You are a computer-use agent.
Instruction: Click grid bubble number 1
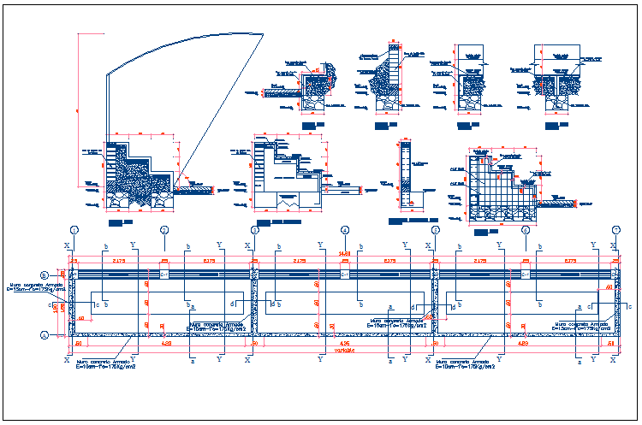click(x=74, y=230)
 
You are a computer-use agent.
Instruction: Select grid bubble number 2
click(x=163, y=230)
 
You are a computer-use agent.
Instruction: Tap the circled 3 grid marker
click(x=254, y=230)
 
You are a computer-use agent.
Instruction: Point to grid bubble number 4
click(x=345, y=230)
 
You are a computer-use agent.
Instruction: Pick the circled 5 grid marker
click(x=435, y=230)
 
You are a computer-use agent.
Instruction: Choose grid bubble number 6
click(x=526, y=230)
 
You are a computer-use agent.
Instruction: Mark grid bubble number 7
click(x=615, y=230)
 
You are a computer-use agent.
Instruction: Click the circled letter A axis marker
click(x=44, y=335)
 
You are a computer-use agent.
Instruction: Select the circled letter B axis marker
click(x=44, y=274)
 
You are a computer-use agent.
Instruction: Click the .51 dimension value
click(x=611, y=343)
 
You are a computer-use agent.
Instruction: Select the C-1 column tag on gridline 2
click(x=163, y=274)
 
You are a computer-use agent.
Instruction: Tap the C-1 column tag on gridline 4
click(x=345, y=274)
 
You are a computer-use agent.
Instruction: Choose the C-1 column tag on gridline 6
click(x=526, y=274)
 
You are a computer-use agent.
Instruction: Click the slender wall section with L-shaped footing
click(x=407, y=175)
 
